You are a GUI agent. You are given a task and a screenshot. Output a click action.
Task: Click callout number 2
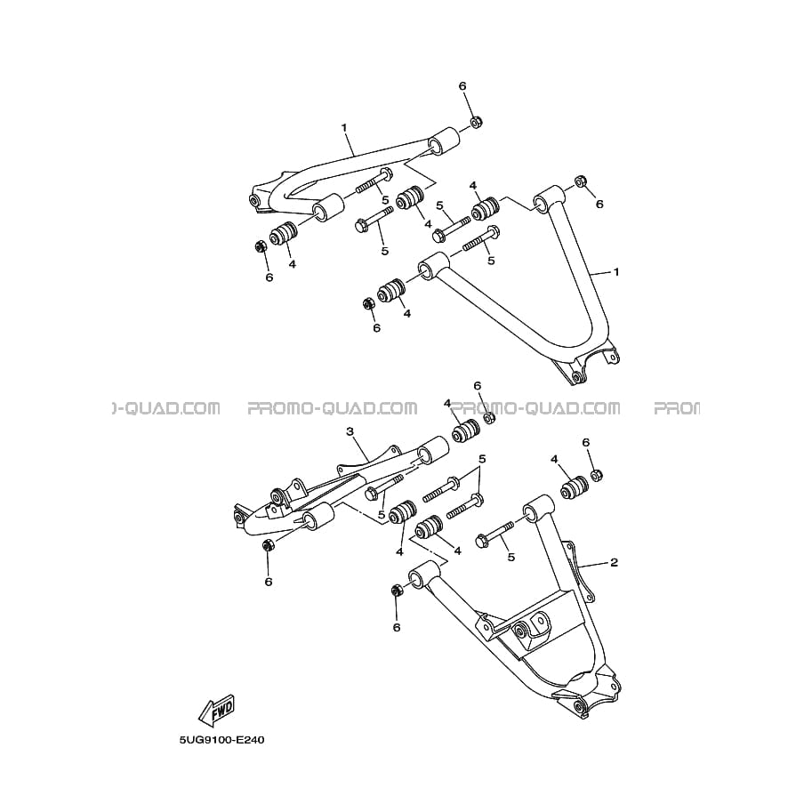click(x=615, y=562)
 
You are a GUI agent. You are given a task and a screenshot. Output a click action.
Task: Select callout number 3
click(x=350, y=431)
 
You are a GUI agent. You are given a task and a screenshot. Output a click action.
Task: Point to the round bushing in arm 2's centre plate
click(x=519, y=631)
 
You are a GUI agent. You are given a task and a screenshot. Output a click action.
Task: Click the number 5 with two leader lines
click(x=482, y=459)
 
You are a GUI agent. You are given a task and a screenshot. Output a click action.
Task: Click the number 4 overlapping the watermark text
click(x=446, y=404)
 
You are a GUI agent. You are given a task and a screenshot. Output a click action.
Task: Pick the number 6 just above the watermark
click(x=478, y=385)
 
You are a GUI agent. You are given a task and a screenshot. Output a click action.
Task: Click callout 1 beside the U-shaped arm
click(x=616, y=272)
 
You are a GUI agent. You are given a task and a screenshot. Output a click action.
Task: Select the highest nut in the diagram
click(x=477, y=122)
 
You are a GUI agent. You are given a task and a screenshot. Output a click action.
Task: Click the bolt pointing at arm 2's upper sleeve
click(x=494, y=534)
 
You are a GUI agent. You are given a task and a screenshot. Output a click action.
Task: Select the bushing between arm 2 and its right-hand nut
click(x=575, y=486)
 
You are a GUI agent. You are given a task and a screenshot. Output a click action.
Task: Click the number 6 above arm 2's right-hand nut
click(x=586, y=442)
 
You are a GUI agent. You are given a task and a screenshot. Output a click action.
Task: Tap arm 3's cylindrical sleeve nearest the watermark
click(x=432, y=448)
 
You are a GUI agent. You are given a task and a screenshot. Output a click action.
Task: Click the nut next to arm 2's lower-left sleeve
click(x=397, y=590)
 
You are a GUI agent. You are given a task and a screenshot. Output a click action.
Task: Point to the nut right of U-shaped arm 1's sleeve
click(x=581, y=181)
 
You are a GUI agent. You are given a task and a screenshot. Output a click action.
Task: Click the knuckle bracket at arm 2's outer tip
click(x=585, y=691)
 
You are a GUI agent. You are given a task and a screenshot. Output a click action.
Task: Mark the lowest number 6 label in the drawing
click(x=397, y=628)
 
